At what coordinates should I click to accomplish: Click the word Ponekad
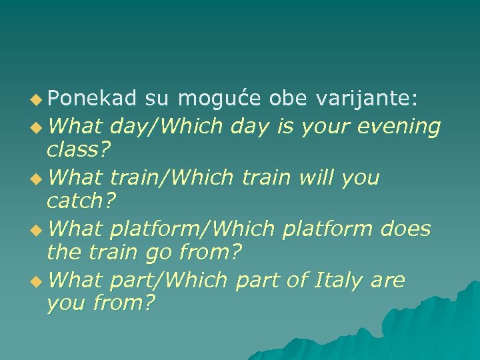click(92, 99)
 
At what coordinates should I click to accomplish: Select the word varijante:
click(367, 99)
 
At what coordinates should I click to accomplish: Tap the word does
click(405, 229)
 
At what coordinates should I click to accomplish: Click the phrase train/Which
click(171, 177)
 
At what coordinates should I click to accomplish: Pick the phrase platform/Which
click(192, 229)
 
